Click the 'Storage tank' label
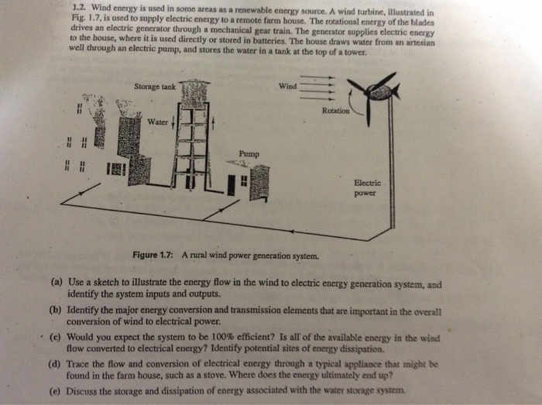tap(155, 87)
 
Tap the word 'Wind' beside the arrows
tap(287, 86)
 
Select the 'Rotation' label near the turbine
tap(335, 111)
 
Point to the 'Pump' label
tap(249, 154)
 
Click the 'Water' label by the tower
tap(158, 122)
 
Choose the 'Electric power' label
tap(367, 188)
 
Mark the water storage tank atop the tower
tap(194, 92)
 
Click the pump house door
tap(232, 185)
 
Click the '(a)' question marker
tap(57, 283)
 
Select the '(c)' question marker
tap(55, 338)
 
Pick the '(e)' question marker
tap(55, 392)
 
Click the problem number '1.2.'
tap(80, 6)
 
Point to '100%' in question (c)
tap(221, 337)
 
